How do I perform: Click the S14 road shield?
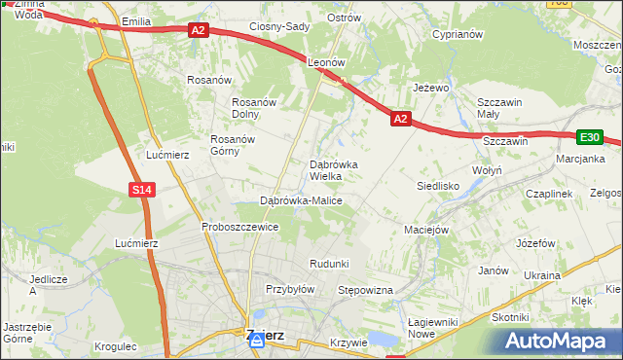click(142, 190)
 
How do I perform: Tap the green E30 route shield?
click(590, 138)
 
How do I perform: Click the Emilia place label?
click(136, 20)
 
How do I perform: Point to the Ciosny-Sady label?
click(278, 26)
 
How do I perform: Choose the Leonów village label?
click(327, 61)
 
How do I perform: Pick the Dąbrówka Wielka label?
click(334, 170)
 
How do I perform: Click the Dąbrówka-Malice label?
click(301, 200)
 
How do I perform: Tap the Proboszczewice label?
click(240, 227)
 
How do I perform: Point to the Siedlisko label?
click(438, 184)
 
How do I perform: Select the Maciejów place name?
click(425, 231)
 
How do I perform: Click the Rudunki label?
click(329, 264)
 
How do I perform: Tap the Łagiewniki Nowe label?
click(434, 328)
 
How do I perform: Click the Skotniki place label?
click(510, 317)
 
